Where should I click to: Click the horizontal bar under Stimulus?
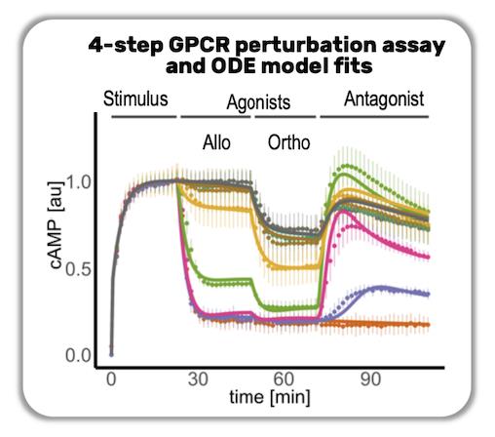coord(142,117)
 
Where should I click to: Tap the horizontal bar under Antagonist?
coord(374,117)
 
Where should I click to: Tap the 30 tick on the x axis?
coord(199,379)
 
